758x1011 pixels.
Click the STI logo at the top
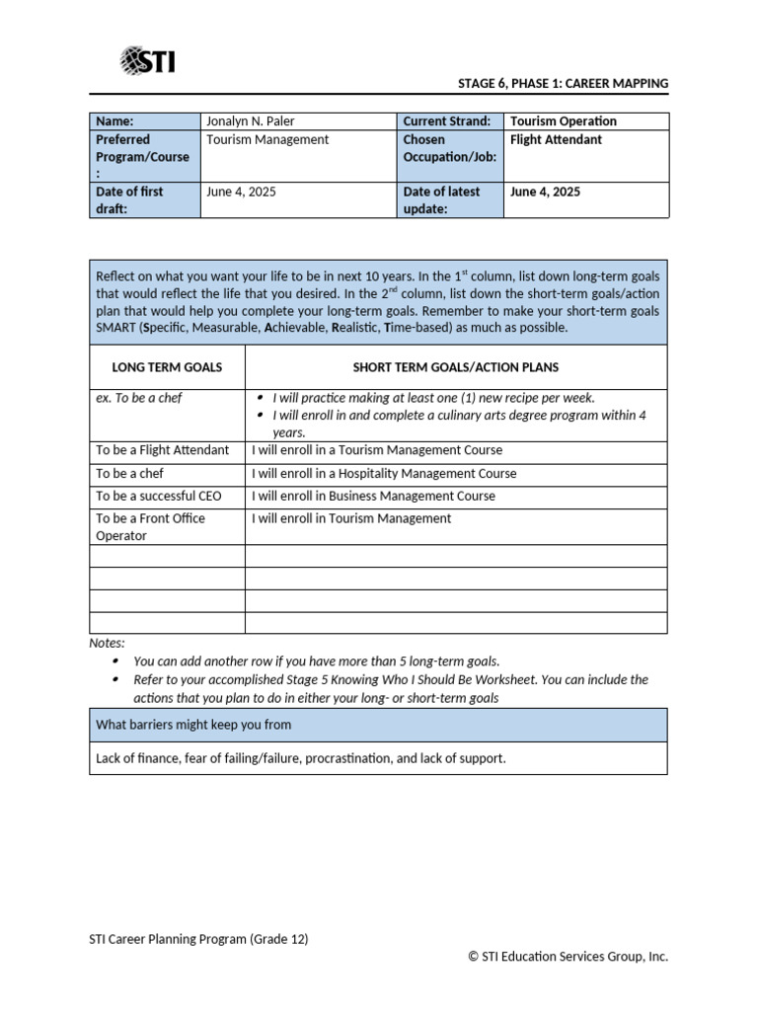147,62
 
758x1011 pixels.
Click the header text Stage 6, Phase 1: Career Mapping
563,84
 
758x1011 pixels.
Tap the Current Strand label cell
446,121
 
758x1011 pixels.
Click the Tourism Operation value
563,121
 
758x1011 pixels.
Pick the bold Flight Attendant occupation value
556,140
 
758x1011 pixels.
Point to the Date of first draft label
129,200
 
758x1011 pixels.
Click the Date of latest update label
441,200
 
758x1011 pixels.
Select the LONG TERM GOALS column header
167,367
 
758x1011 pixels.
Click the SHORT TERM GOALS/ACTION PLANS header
455,367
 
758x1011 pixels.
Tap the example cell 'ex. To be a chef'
139,398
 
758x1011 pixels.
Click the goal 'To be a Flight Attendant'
162,450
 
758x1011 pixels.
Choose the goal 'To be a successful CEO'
158,497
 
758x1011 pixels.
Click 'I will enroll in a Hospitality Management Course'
384,474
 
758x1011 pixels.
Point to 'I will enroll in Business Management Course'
373,497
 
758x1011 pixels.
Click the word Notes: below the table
108,643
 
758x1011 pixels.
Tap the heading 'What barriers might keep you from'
193,725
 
